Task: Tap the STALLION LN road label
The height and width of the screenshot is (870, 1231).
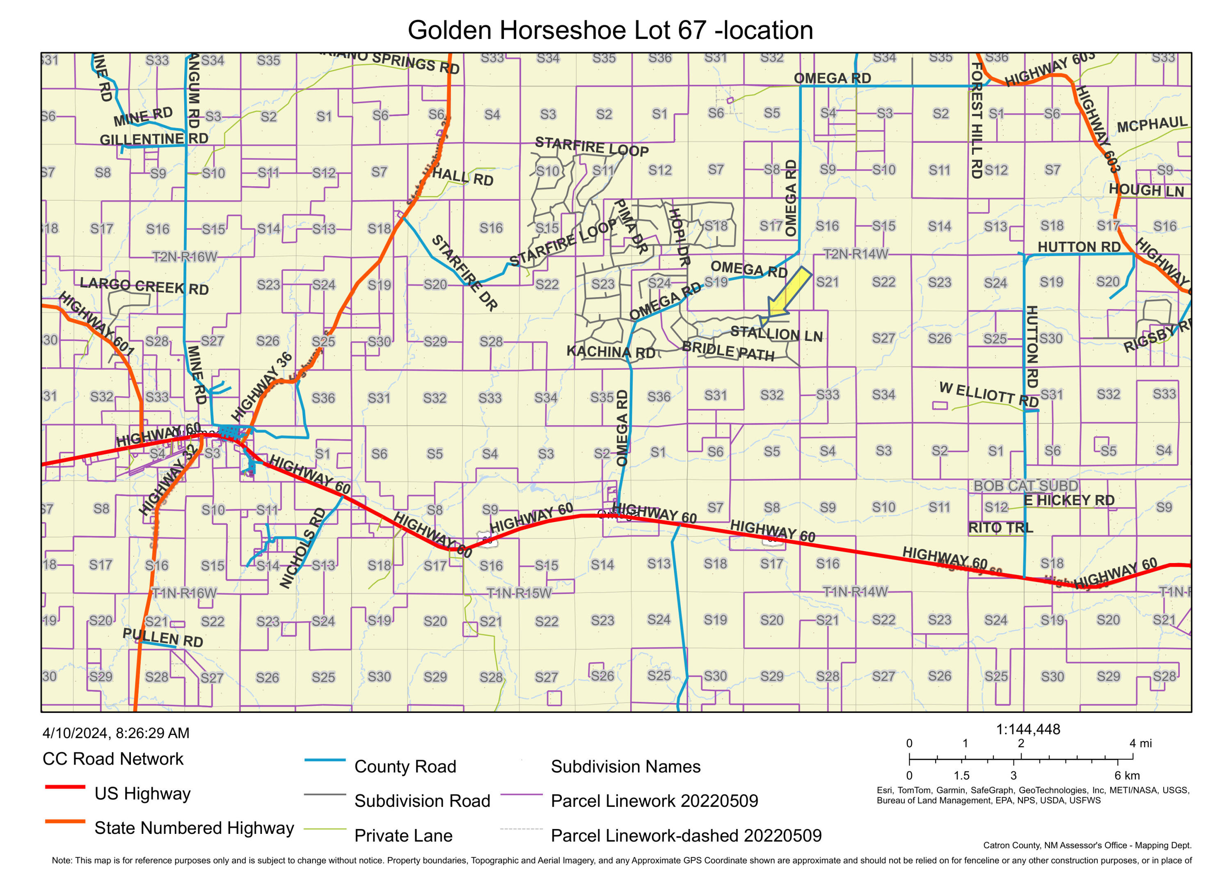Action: click(776, 334)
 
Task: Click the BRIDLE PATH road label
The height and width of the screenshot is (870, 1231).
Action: click(728, 351)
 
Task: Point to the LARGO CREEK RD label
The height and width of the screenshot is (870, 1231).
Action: click(144, 286)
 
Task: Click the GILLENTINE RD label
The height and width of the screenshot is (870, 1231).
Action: click(154, 139)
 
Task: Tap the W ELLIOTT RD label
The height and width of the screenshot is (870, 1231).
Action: click(988, 394)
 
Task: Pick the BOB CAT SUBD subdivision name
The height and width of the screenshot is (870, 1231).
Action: click(1025, 485)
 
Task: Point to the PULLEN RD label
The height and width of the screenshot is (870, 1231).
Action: click(162, 638)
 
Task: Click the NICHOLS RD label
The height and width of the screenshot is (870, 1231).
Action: click(303, 547)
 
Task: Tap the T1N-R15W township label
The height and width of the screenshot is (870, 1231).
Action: click(519, 593)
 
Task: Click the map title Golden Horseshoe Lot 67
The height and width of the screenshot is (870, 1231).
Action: click(610, 30)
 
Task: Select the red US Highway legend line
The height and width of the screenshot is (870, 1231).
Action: click(65, 787)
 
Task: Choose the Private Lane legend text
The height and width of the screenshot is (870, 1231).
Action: click(403, 835)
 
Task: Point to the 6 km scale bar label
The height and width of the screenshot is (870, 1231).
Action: click(1126, 775)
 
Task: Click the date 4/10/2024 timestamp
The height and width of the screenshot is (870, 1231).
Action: click(116, 733)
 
